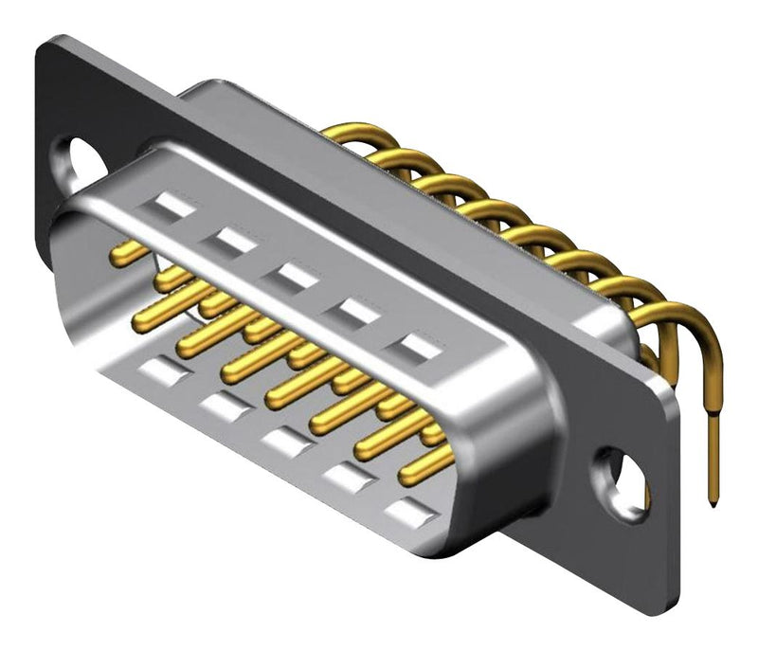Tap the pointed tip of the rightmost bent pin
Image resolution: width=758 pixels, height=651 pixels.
point(711,499)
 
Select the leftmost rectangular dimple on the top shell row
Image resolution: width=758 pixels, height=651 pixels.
point(173,205)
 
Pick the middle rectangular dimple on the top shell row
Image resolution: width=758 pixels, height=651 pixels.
point(296,277)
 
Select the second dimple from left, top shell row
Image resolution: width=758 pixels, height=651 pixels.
point(234,241)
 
